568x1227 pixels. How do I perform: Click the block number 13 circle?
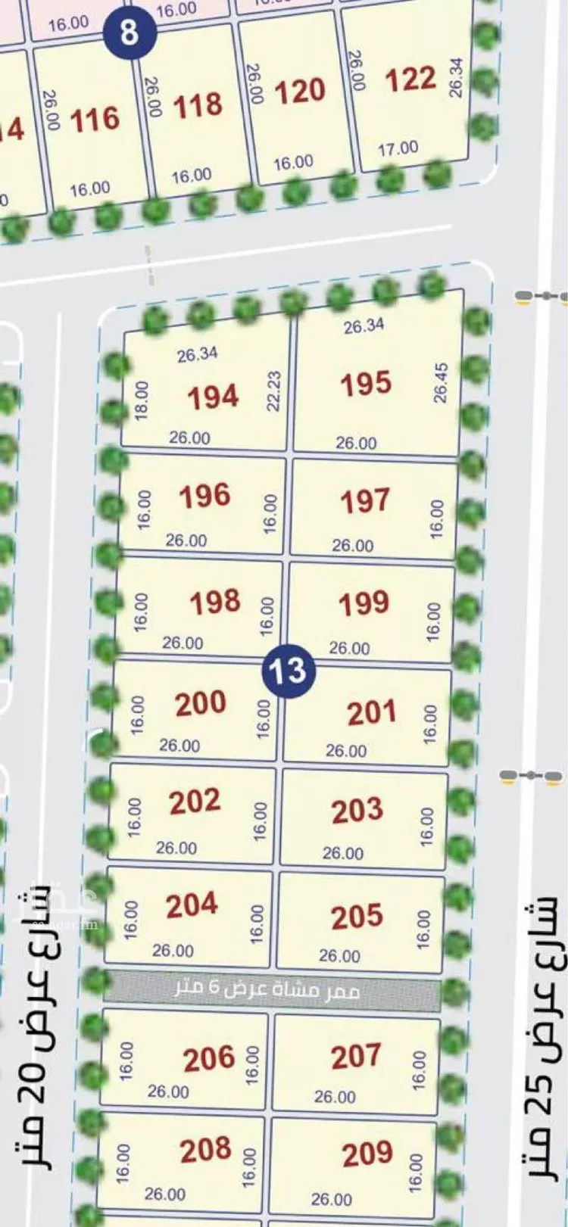[x=288, y=670]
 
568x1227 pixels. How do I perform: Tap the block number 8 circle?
[x=130, y=33]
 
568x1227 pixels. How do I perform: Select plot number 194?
[x=213, y=397]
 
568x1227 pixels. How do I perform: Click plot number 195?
[x=365, y=384]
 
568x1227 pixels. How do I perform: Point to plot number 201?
[x=371, y=713]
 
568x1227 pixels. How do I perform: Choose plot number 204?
[x=192, y=905]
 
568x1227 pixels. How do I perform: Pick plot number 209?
[x=367, y=1154]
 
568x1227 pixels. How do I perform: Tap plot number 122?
[x=410, y=79]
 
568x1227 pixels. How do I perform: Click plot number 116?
[x=95, y=120]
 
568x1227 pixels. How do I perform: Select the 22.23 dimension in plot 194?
[x=273, y=391]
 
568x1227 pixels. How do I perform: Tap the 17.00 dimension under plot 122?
[x=398, y=148]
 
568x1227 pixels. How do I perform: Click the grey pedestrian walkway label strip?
[x=271, y=989]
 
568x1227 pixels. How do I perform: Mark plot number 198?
[x=215, y=603]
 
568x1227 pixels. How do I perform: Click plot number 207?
[x=355, y=1056]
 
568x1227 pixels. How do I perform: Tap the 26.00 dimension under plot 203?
[x=342, y=853]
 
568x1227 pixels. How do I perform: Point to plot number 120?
[x=299, y=92]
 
